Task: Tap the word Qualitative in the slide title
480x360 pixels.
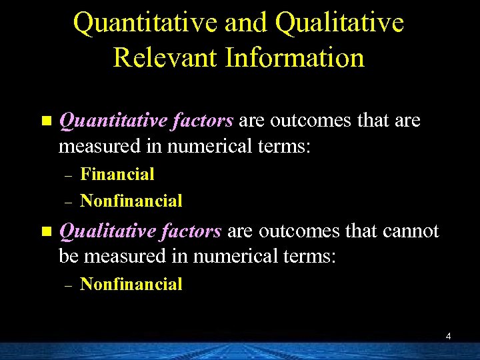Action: tap(339, 22)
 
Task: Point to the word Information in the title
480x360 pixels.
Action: tap(295, 57)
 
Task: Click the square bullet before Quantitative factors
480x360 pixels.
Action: tap(46, 121)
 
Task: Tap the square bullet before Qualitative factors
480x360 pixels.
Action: tap(46, 232)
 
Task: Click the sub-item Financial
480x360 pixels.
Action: tap(117, 175)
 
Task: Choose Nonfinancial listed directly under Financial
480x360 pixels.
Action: tap(131, 201)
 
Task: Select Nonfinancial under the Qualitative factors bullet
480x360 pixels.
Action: tap(131, 285)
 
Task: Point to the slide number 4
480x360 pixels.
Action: tap(448, 337)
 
